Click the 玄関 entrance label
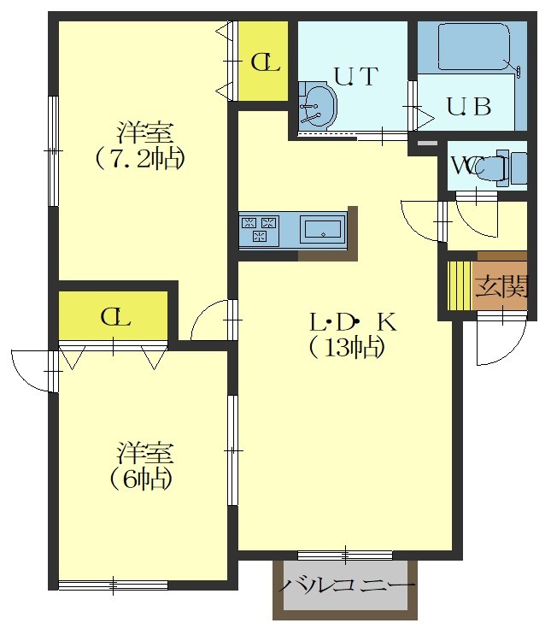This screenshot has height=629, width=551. coord(501,286)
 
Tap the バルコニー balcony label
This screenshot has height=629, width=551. coord(347,585)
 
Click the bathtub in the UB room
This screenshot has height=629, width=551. coord(474,47)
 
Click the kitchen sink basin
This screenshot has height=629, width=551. coord(323,229)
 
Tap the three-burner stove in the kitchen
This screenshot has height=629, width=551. coord(259,229)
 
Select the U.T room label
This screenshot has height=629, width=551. coord(356,76)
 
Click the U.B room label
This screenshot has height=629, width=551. coord(469,107)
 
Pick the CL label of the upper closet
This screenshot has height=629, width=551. coord(265,62)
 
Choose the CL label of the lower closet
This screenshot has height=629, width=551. coord(116,317)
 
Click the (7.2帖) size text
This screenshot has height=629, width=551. coord(140,160)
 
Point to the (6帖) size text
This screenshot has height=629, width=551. coord(141,479)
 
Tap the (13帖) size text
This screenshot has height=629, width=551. coord(348,347)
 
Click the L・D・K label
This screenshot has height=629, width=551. coord(353,322)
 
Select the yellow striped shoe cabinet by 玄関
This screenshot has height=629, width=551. coord(460,285)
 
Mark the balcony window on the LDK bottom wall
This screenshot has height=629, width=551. coord(345,556)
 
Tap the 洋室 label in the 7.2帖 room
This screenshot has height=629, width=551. coord(144,132)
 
